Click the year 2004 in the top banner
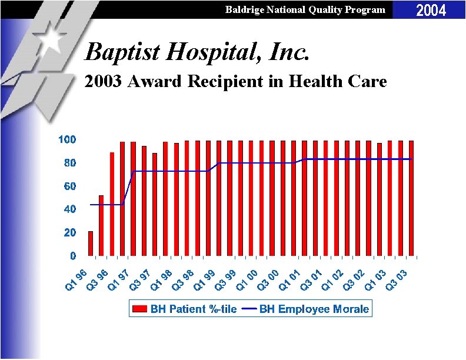(x=431, y=10)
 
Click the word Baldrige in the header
(x=246, y=9)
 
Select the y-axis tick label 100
(x=66, y=139)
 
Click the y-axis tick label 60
(x=69, y=186)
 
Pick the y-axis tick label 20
(x=69, y=233)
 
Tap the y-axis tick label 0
(x=72, y=256)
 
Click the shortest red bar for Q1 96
(x=91, y=244)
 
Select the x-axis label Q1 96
(x=76, y=279)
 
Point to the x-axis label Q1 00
(x=248, y=279)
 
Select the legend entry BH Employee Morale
(x=314, y=309)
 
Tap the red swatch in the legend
(x=140, y=309)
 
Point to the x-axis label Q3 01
(x=312, y=279)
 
